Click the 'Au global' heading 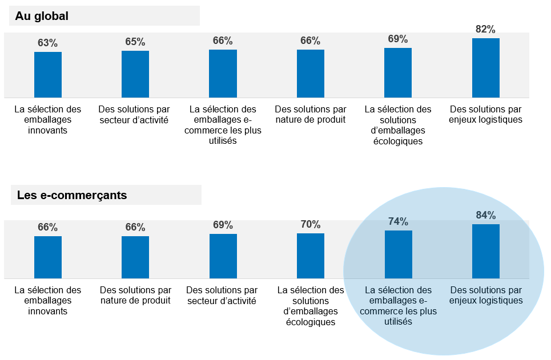click(42, 16)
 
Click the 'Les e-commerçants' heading click(72, 196)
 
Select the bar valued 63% click(48, 75)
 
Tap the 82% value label click(485, 30)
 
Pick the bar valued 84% click(486, 251)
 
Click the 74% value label click(399, 221)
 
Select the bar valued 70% click(311, 256)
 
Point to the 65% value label click(135, 42)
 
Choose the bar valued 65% click(135, 74)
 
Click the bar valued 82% click(486, 68)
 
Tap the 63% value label click(48, 43)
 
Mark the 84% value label click(486, 215)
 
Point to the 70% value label click(311, 224)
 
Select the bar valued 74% click(399, 254)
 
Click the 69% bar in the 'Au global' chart click(398, 72)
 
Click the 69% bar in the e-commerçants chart click(223, 256)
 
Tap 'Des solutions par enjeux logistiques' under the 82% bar click(486, 114)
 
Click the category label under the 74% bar click(399, 306)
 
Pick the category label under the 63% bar click(48, 119)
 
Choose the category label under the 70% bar click(311, 306)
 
